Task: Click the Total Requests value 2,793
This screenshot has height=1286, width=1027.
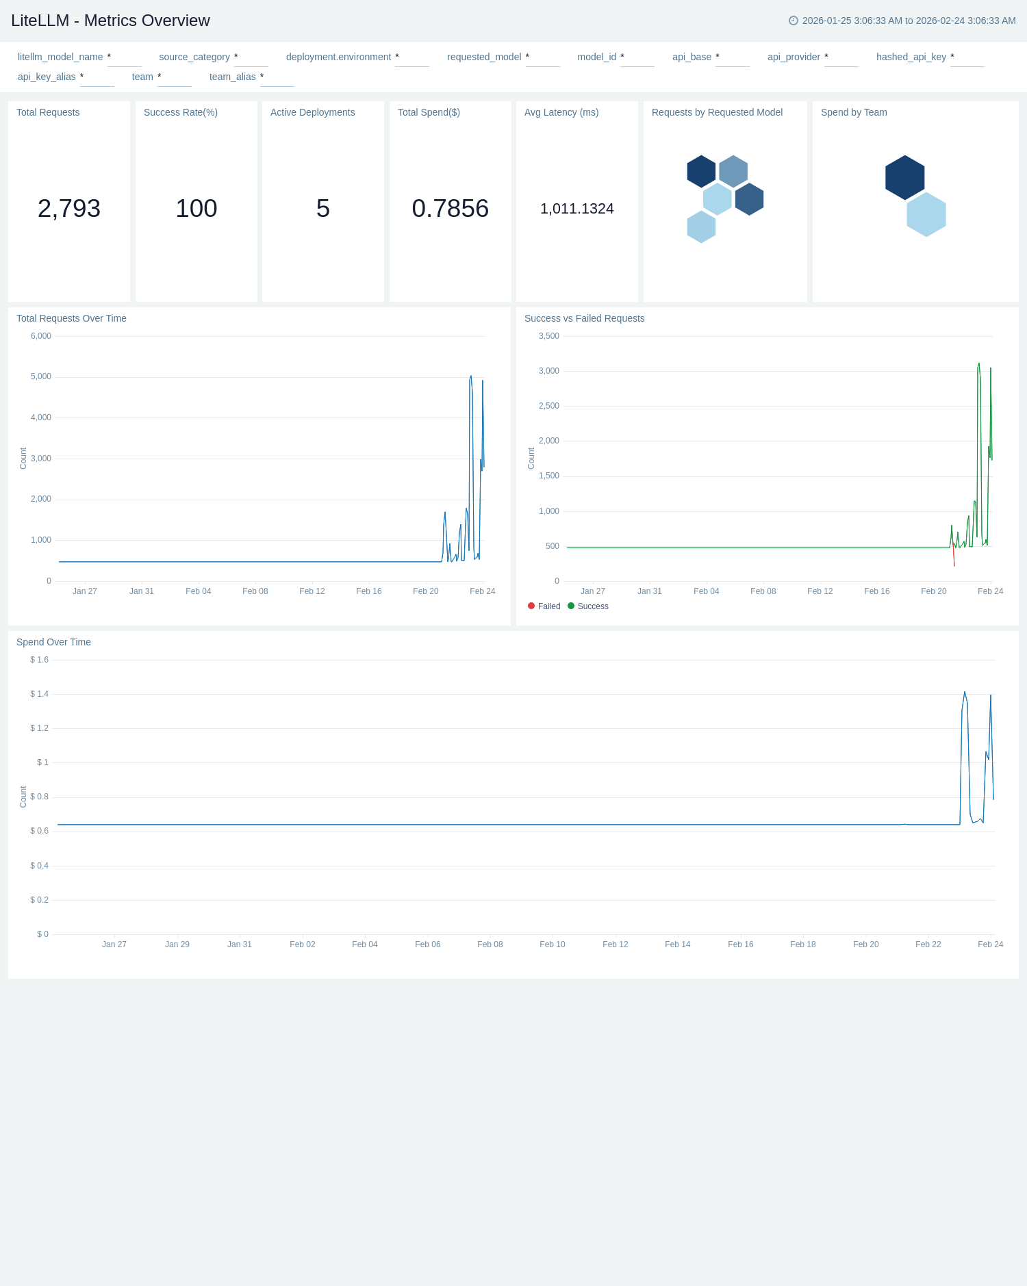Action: [69, 209]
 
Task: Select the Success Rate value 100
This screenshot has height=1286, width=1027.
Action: [196, 209]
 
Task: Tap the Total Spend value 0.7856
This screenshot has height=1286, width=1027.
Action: [450, 209]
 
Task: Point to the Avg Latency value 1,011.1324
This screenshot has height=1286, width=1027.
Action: [576, 209]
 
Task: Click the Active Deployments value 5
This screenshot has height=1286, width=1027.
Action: [323, 209]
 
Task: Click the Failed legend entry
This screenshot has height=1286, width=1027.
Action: [548, 606]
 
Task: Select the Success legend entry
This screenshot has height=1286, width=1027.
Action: [592, 606]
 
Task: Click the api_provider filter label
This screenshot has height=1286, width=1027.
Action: [794, 57]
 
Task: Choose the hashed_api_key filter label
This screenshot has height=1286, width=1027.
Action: [911, 57]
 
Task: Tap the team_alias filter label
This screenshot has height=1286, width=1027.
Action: [232, 77]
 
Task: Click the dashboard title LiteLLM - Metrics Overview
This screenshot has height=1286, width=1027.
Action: [110, 21]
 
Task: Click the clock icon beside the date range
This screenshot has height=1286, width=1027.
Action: [794, 21]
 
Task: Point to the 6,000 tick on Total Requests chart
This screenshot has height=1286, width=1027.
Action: [41, 336]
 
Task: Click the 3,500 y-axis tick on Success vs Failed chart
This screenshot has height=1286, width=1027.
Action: [549, 336]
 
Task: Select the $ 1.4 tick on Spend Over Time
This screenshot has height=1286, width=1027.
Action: [39, 694]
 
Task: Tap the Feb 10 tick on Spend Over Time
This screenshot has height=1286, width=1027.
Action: [552, 944]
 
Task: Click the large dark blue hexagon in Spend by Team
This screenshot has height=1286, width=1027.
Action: [904, 177]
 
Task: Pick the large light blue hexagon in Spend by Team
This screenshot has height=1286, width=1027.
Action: [926, 214]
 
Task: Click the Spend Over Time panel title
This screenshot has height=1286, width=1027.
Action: [53, 642]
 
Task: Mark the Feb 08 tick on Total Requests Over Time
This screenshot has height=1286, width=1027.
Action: [255, 591]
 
